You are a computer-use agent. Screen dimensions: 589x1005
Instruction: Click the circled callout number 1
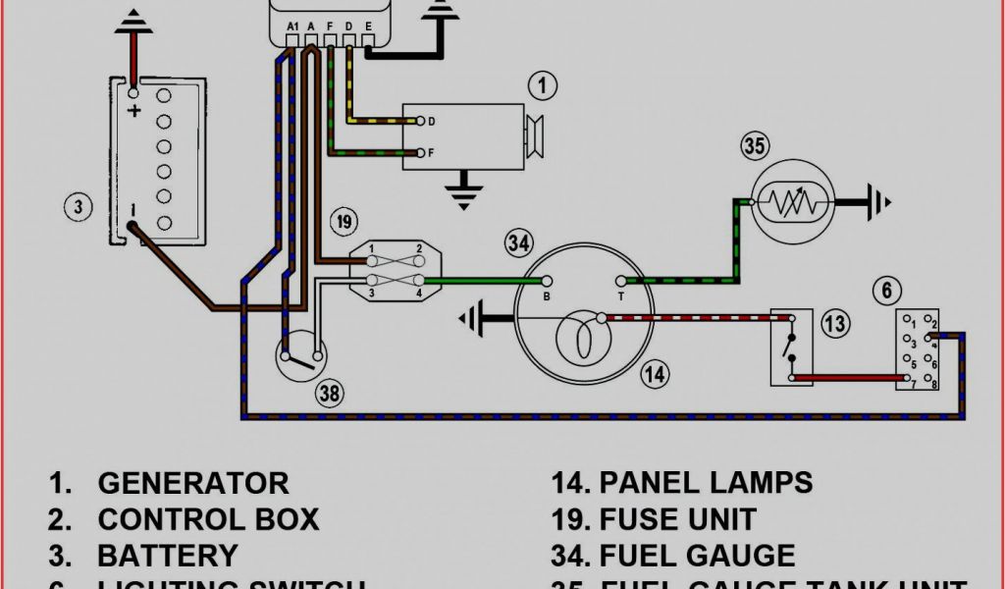(541, 86)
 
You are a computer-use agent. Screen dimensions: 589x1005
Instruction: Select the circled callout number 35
(754, 147)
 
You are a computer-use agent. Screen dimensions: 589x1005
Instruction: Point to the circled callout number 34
(519, 242)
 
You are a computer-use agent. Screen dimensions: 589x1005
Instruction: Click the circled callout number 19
(342, 221)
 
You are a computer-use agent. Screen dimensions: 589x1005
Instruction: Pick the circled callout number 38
(330, 394)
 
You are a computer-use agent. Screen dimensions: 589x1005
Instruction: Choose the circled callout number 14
(655, 373)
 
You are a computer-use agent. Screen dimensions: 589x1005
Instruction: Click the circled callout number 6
(885, 290)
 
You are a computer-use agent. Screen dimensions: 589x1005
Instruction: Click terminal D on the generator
(420, 122)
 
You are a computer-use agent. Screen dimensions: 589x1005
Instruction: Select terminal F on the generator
(420, 153)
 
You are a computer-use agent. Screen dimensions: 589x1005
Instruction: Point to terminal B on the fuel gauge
(548, 281)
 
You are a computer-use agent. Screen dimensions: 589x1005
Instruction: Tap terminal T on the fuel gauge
(620, 281)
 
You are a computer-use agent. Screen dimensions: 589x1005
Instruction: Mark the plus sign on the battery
(134, 111)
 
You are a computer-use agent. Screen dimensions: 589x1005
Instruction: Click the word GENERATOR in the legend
(193, 483)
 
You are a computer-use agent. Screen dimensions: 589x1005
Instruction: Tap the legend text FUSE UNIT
(678, 519)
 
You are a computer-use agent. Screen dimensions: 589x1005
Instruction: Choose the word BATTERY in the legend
(167, 556)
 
